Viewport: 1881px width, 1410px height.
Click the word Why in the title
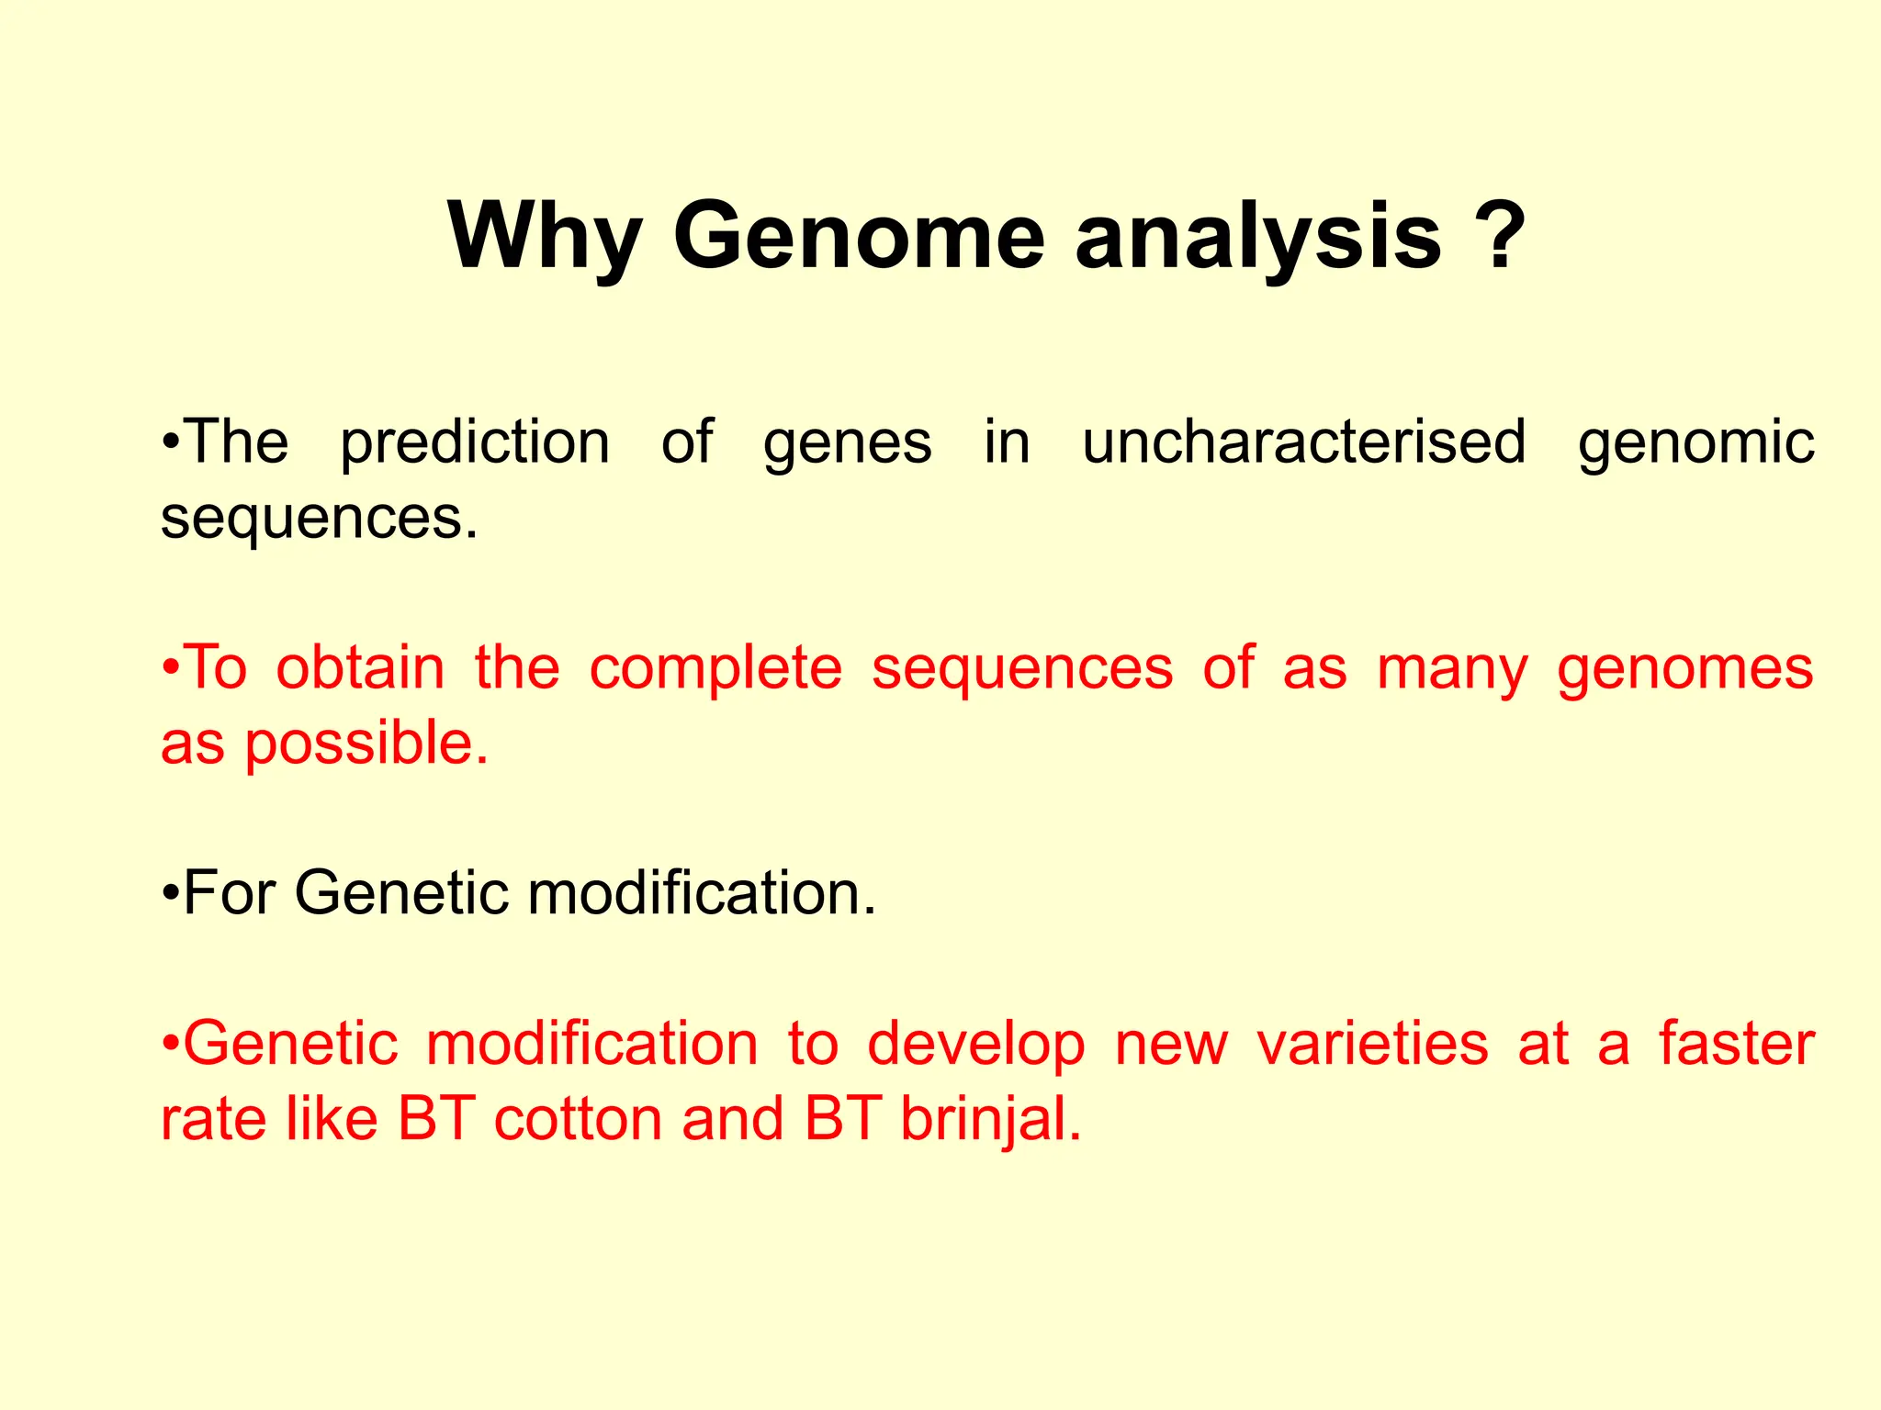pos(545,237)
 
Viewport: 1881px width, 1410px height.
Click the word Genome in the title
pos(859,237)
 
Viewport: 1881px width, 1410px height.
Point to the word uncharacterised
pos(1303,442)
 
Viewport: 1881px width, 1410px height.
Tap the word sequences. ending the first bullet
pos(320,520)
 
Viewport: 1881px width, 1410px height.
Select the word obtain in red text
pos(360,667)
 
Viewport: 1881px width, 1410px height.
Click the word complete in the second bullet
pos(715,669)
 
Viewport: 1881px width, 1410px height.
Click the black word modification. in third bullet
pos(703,892)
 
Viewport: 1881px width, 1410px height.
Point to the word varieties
pos(1372,1045)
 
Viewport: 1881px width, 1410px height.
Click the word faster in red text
pos(1736,1045)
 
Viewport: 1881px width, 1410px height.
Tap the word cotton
pos(578,1120)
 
